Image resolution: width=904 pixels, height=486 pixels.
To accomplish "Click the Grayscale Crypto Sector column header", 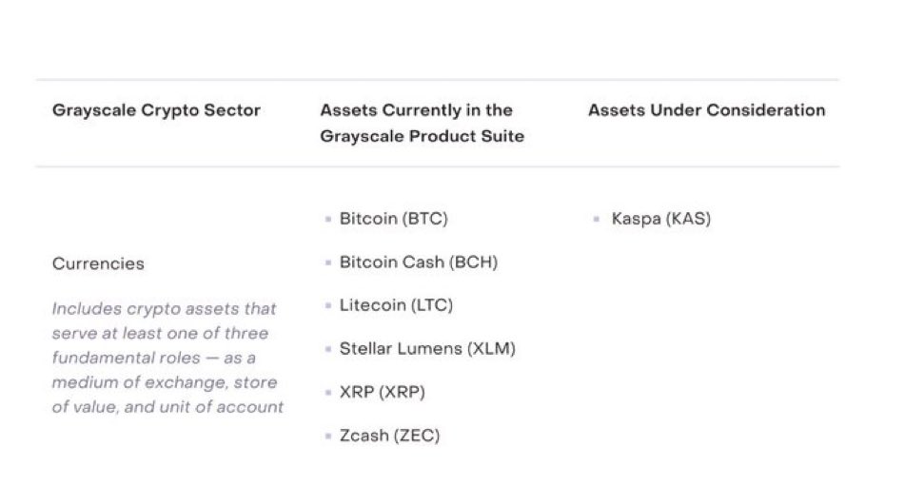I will click(156, 110).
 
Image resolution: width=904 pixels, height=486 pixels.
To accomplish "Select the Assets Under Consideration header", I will click(706, 110).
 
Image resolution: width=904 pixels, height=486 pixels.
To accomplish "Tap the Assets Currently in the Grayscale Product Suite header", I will click(423, 123).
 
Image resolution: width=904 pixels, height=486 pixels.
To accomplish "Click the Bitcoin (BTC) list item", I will click(393, 219).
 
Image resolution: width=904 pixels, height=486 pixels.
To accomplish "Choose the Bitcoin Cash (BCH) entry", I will click(418, 262).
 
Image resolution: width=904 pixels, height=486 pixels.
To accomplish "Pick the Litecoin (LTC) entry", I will click(396, 305).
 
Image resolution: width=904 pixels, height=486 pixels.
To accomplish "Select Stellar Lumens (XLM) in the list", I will click(427, 349).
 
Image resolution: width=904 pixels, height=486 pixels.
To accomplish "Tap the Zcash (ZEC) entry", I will click(389, 436).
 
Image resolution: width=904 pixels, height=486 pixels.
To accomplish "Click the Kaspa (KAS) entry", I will click(660, 219).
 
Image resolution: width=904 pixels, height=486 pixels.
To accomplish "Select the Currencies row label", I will click(98, 263).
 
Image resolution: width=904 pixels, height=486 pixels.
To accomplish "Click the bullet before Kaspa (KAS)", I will click(597, 220).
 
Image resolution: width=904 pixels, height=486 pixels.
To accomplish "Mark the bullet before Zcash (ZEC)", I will click(328, 437).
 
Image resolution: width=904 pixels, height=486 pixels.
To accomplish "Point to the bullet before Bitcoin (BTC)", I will click(328, 220).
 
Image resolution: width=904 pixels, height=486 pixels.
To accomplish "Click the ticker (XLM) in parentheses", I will click(492, 349).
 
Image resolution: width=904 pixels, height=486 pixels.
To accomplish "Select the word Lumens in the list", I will click(436, 349).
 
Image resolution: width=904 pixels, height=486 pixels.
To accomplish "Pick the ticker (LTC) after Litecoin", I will click(432, 305).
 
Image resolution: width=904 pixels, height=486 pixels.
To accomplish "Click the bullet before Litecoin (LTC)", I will click(328, 306).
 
